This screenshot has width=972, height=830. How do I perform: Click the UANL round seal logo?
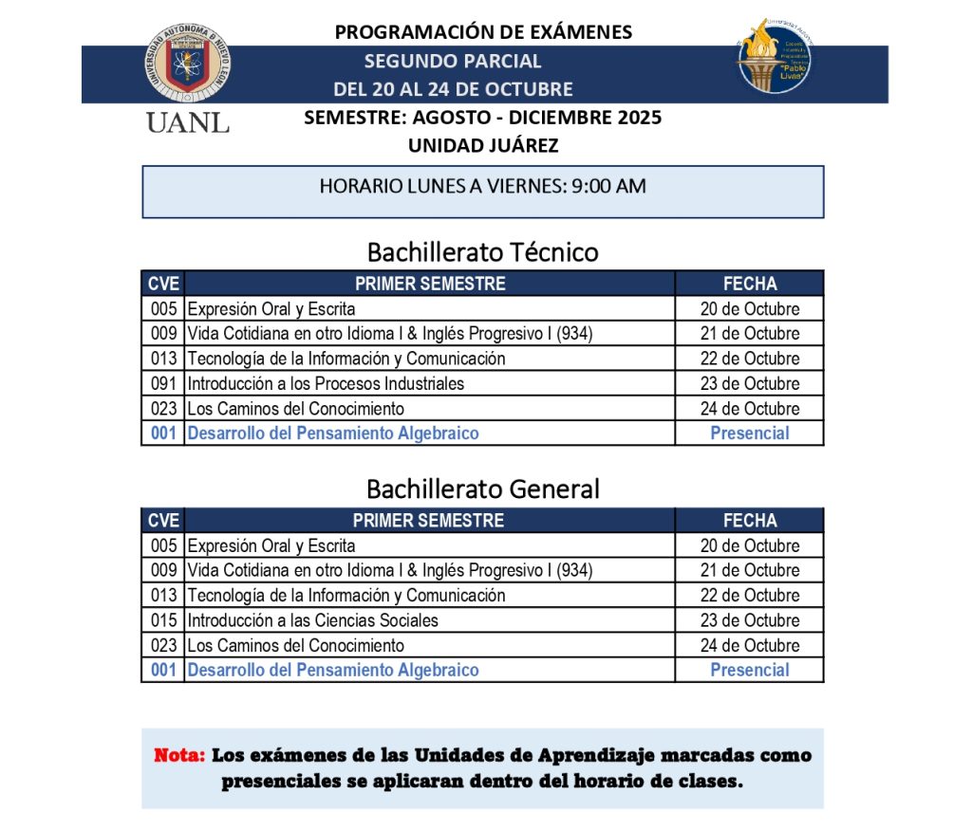[x=188, y=64]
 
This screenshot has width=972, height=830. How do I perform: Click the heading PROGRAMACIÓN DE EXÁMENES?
[x=483, y=32]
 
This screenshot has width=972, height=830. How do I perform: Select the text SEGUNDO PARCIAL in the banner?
[x=453, y=62]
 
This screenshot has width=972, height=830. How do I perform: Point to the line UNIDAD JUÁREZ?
[x=483, y=146]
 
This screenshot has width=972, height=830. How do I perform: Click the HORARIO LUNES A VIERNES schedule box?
[x=482, y=191]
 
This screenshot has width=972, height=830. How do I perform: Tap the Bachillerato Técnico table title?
[x=482, y=252]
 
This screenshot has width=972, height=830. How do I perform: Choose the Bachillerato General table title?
[x=482, y=489]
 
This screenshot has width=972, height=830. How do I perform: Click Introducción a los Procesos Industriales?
[x=326, y=383]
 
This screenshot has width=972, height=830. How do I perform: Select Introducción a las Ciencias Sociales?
[x=313, y=620]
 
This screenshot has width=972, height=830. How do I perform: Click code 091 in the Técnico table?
[x=163, y=383]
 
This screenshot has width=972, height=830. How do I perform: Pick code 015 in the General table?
[x=163, y=620]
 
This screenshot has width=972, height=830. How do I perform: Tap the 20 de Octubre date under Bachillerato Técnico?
[x=750, y=309]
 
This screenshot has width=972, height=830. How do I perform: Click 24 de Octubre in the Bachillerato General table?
[x=750, y=645]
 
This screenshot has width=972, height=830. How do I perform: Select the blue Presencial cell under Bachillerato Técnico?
[x=750, y=433]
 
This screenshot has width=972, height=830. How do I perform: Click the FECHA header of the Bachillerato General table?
[x=750, y=520]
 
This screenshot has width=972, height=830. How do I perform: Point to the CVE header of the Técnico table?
[x=163, y=284]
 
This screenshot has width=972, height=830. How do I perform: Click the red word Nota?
[x=179, y=756]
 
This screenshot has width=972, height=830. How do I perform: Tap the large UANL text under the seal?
[x=187, y=124]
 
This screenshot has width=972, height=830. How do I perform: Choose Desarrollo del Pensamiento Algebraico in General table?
[x=333, y=670]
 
